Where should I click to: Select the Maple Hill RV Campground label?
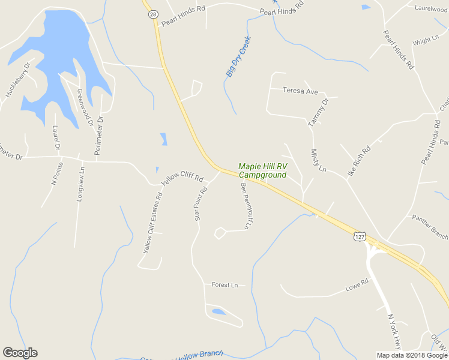(262, 170)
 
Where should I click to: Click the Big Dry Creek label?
(238, 56)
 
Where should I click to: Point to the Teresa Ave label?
(300, 91)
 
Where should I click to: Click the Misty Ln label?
(318, 161)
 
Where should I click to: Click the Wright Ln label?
(426, 41)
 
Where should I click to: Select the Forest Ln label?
(225, 285)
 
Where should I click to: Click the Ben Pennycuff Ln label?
(245, 206)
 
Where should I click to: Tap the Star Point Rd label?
(200, 204)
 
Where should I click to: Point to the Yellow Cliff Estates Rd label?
(152, 222)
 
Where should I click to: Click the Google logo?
(20, 353)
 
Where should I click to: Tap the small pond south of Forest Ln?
(218, 312)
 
